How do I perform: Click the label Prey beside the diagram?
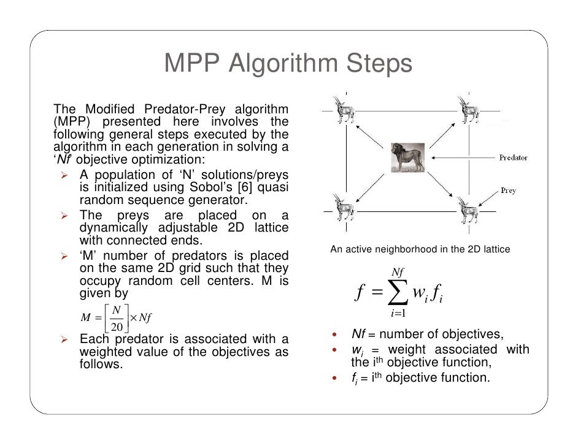coord(508,191)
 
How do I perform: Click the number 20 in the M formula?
coord(116,325)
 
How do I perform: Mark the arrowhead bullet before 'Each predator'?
coord(64,339)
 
